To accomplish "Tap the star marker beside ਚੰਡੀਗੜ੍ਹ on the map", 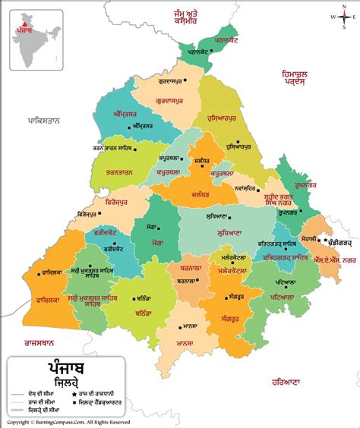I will (x=325, y=240).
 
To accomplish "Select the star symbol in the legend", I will (x=74, y=394).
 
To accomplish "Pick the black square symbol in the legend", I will (x=74, y=402).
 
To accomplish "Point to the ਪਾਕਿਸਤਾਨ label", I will (x=43, y=120).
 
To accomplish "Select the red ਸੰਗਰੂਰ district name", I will (x=235, y=319).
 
